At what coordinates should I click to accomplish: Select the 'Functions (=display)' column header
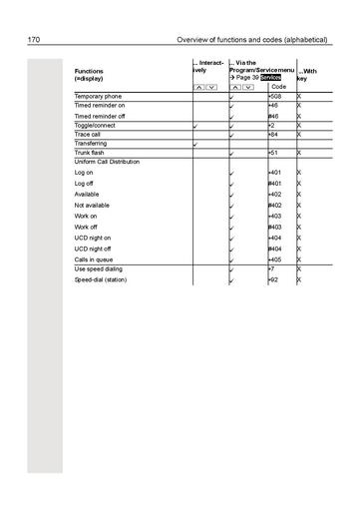(96, 75)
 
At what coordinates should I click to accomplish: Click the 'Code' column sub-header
(279, 87)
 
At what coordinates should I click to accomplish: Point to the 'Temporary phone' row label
(98, 96)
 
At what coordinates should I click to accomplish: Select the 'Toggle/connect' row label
(96, 126)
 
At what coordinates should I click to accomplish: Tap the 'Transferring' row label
(91, 144)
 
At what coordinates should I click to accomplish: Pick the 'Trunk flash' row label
(91, 153)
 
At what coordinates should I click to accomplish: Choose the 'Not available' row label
(93, 205)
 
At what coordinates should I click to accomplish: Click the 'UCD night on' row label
(94, 238)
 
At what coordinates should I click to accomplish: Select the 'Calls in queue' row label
(95, 259)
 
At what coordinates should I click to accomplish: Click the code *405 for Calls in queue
(275, 259)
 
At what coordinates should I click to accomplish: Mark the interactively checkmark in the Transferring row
(196, 145)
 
